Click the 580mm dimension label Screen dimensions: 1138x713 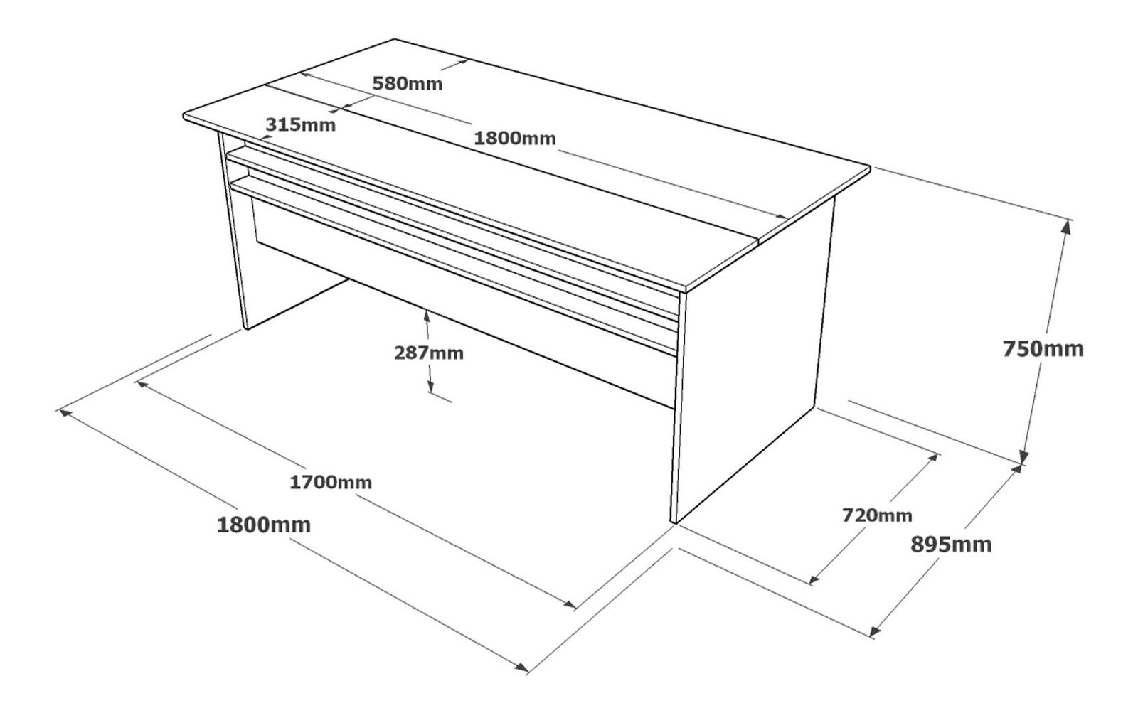pyautogui.click(x=408, y=83)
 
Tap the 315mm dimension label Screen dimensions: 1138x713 pyautogui.click(x=301, y=124)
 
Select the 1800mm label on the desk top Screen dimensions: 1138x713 pyautogui.click(x=515, y=138)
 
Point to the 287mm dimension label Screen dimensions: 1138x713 pyautogui.click(x=429, y=353)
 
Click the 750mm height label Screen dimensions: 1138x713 pyautogui.click(x=1043, y=349)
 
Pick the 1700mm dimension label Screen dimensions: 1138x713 pyautogui.click(x=331, y=482)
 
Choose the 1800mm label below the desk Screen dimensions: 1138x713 pyautogui.click(x=264, y=525)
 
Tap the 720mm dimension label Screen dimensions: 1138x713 pyautogui.click(x=878, y=515)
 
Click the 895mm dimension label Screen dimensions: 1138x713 pyautogui.click(x=951, y=545)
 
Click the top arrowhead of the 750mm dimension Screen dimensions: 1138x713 pyautogui.click(x=1066, y=227)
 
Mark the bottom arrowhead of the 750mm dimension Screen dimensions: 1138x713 pyautogui.click(x=1023, y=457)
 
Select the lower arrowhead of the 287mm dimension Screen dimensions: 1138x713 pyautogui.click(x=430, y=386)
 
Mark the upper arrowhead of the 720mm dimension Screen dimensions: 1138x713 pyautogui.click(x=932, y=459)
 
